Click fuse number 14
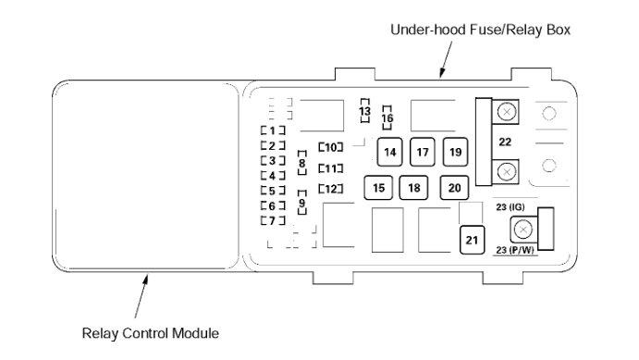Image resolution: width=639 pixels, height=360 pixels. click(x=389, y=152)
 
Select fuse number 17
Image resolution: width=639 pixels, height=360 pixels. click(x=423, y=152)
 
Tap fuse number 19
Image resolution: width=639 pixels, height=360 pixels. click(x=455, y=152)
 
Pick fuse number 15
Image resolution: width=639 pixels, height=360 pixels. click(x=378, y=188)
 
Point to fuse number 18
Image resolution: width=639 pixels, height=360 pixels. click(x=413, y=188)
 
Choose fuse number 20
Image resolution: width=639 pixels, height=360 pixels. click(x=454, y=188)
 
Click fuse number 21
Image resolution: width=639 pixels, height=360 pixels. click(x=472, y=240)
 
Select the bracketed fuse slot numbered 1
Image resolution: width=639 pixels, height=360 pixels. click(x=273, y=130)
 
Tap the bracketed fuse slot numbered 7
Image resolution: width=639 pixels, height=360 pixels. click(x=273, y=221)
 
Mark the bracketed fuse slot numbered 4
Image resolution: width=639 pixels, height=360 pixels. click(x=273, y=176)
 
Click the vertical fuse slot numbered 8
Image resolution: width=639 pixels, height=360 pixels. click(x=302, y=163)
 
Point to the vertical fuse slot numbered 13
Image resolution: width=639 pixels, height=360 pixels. click(x=364, y=110)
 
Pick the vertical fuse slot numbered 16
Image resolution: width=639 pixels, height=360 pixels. click(x=387, y=118)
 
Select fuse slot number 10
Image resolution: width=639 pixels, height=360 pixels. click(x=330, y=147)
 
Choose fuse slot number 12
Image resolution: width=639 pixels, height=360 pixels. click(x=330, y=189)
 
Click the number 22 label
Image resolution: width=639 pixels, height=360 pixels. click(x=505, y=142)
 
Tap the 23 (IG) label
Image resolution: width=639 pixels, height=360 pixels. click(x=510, y=207)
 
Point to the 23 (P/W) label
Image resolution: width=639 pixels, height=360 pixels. click(x=515, y=250)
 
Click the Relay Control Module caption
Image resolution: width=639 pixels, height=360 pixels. click(x=151, y=333)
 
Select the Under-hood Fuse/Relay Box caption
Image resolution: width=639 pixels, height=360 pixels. click(x=481, y=30)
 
